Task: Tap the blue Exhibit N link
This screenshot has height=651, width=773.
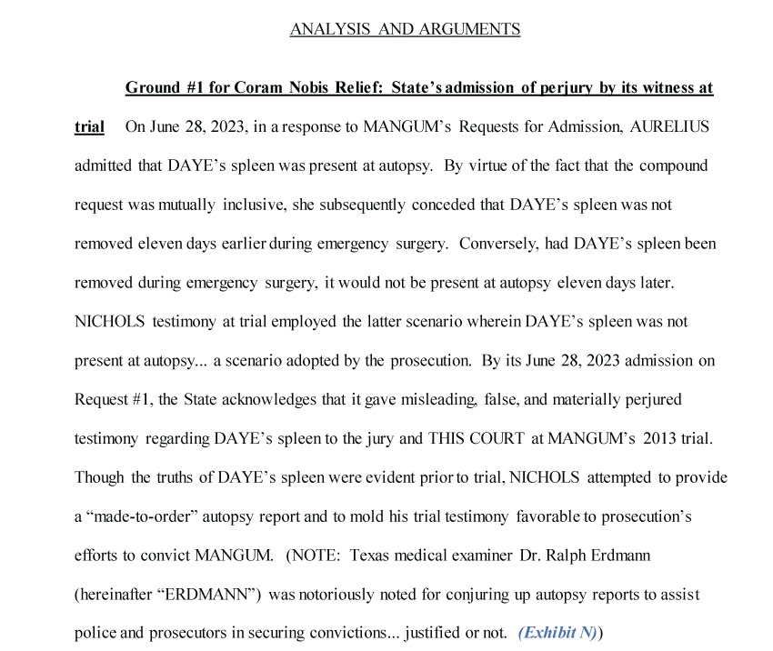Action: pyautogui.click(x=557, y=633)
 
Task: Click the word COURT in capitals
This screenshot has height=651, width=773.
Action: pyautogui.click(x=497, y=438)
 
